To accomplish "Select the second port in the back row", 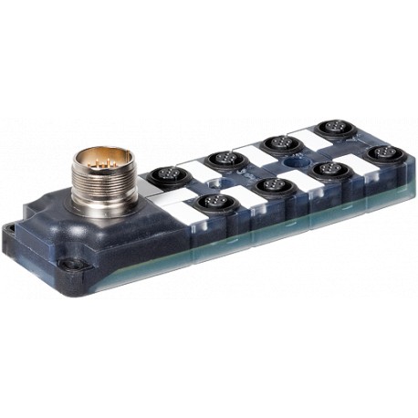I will tap(222, 161).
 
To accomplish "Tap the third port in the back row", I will tap(274, 144).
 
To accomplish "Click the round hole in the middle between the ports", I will tap(292, 162).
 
